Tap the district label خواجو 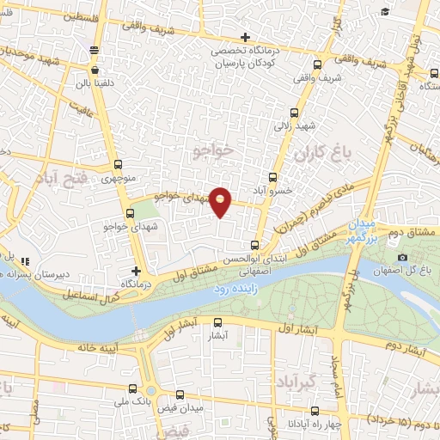pyautogui.click(x=214, y=150)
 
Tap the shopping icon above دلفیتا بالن pyautogui.click(x=94, y=70)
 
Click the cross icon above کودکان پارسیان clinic pyautogui.click(x=246, y=37)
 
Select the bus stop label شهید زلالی pyautogui.click(x=295, y=125)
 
